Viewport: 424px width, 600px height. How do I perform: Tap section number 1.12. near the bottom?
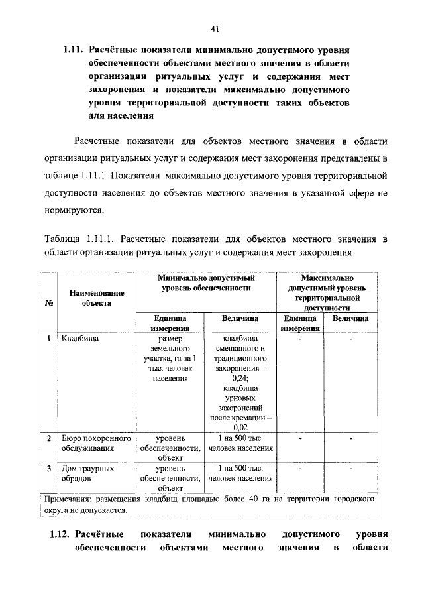60,533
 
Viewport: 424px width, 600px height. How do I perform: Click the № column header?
48,303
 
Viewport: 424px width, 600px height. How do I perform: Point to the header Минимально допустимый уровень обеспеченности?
206,284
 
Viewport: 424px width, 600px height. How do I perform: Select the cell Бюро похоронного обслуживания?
95,444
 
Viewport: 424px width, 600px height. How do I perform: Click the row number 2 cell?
49,438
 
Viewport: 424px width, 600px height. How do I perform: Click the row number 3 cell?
49,468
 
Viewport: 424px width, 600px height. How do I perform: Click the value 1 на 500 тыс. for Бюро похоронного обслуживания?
240,438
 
